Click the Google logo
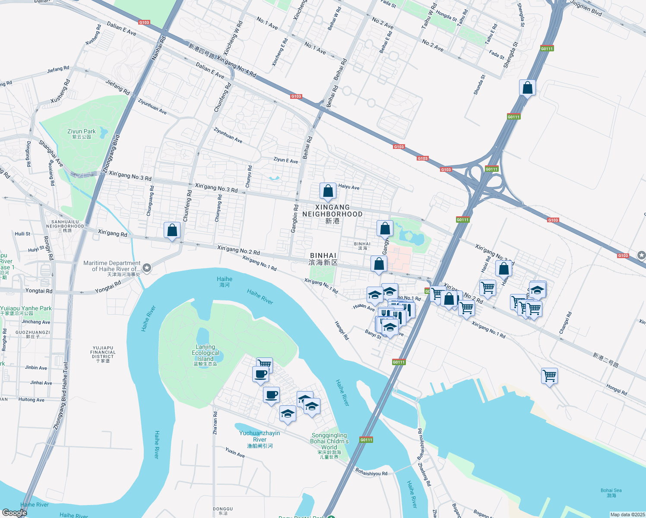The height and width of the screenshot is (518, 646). coord(14,512)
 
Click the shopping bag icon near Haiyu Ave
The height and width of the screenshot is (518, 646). coord(328,191)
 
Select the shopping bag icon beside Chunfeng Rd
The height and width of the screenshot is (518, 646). coord(172,230)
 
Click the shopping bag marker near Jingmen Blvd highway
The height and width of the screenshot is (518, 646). coord(527,88)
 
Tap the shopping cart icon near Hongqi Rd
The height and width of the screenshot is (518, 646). coord(549,376)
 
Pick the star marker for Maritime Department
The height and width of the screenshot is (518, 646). coord(147,268)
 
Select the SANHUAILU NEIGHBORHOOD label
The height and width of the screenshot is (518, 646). coord(65,224)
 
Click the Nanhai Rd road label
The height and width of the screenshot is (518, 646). coord(158,47)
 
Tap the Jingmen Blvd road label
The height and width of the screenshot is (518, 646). coord(586,8)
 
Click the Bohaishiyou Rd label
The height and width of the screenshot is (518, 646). coord(371,472)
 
